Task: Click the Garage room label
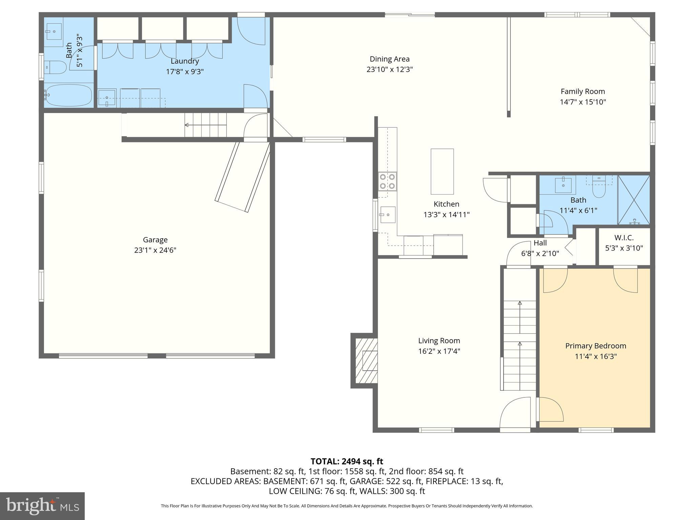tap(155, 240)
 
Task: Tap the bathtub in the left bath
tap(69, 95)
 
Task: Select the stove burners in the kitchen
tap(387, 181)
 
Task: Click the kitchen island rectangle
tap(442, 171)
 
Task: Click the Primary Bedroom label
tap(595, 346)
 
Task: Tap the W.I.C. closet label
tap(624, 238)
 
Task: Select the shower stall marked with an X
tap(634, 200)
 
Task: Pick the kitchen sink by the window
tap(388, 215)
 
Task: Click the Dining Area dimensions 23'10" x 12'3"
tap(389, 69)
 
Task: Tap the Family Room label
tap(583, 91)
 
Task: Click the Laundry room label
tap(185, 61)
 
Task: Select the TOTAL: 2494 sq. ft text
tap(347, 461)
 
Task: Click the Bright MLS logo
tap(42, 506)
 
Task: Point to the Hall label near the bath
tap(540, 243)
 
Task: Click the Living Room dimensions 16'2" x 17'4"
tap(439, 351)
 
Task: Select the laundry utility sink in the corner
tap(107, 98)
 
